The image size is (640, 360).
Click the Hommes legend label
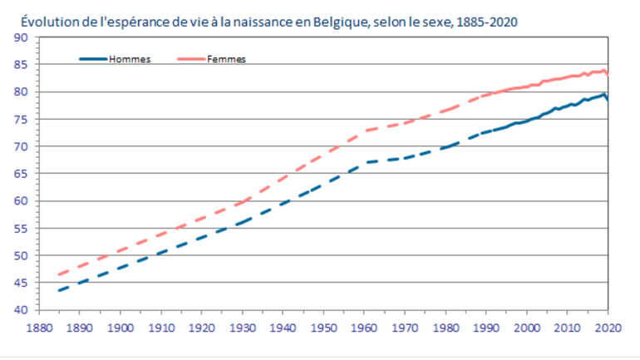(129, 59)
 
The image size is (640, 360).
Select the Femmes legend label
(226, 59)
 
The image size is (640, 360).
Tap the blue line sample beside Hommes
(93, 59)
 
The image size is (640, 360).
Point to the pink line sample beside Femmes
(191, 59)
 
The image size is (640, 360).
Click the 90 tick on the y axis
(22, 37)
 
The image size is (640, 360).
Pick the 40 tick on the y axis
(22, 310)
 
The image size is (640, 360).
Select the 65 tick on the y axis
(22, 174)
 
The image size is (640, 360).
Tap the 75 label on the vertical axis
(22, 120)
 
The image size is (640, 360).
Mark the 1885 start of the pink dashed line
(57, 274)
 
